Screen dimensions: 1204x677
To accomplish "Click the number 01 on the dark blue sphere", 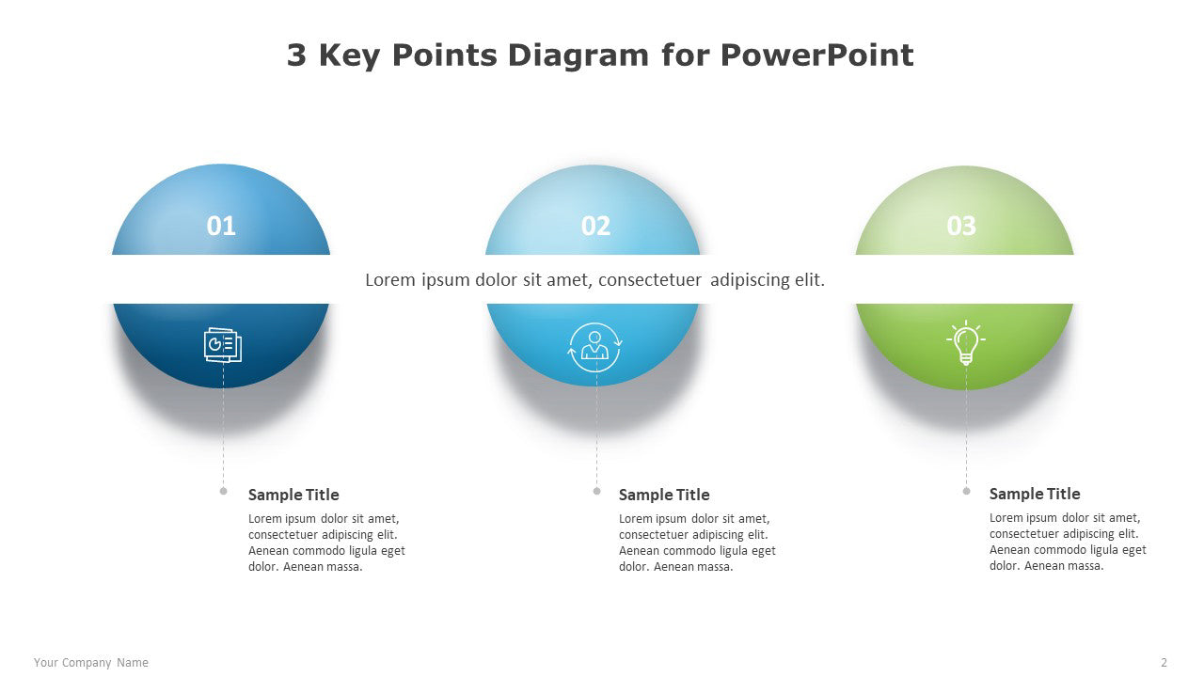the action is (x=221, y=226).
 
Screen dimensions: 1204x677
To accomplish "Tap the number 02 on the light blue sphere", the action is (x=595, y=226).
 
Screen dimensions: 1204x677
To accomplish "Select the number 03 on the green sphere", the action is (x=961, y=226).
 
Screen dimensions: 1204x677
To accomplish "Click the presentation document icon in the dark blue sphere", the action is (x=223, y=345).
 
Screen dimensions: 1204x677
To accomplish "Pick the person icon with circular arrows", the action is (x=594, y=347).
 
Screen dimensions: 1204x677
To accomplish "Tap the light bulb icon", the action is (x=966, y=343).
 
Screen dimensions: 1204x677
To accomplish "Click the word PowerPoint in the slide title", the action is (x=817, y=55).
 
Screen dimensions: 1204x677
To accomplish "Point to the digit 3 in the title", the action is (x=296, y=55).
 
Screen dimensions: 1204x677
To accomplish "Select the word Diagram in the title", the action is (x=578, y=56).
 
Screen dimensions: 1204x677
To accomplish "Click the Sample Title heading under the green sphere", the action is (x=1035, y=494).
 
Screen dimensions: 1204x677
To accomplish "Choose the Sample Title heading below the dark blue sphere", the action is (x=293, y=495).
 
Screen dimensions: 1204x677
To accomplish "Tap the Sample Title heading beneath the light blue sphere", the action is (x=664, y=495).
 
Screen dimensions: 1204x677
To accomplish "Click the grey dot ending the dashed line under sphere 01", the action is (x=224, y=491).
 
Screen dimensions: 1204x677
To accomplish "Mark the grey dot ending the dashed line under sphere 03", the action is (x=966, y=491).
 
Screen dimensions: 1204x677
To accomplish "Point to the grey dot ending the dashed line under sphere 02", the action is (x=596, y=491).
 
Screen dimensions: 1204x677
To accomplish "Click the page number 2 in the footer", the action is (x=1164, y=663).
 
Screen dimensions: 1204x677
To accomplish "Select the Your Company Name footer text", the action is (x=91, y=663).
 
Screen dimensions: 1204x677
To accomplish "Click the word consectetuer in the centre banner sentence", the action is (x=650, y=280).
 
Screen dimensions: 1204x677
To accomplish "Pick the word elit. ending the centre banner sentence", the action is (x=809, y=280).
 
